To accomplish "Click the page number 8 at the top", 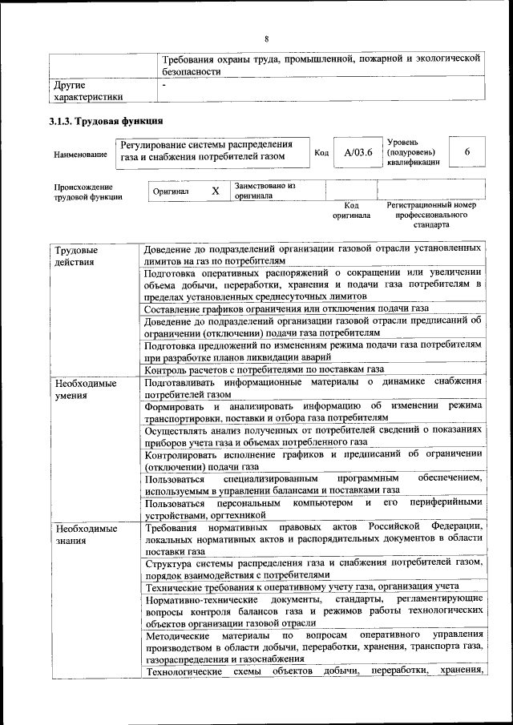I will tap(267, 38).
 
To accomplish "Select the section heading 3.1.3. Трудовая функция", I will tap(106, 121).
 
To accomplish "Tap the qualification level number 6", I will tap(467, 152).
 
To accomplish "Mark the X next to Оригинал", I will tap(215, 191).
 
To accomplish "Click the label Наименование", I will tap(80, 154).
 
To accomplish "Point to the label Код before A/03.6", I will tap(321, 153).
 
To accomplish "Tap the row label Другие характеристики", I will tap(88, 90).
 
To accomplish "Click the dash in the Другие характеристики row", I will tap(164, 84).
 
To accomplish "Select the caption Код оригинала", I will tap(351, 210).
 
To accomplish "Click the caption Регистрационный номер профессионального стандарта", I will tap(431, 215).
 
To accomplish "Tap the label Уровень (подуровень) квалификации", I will tap(412, 151).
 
